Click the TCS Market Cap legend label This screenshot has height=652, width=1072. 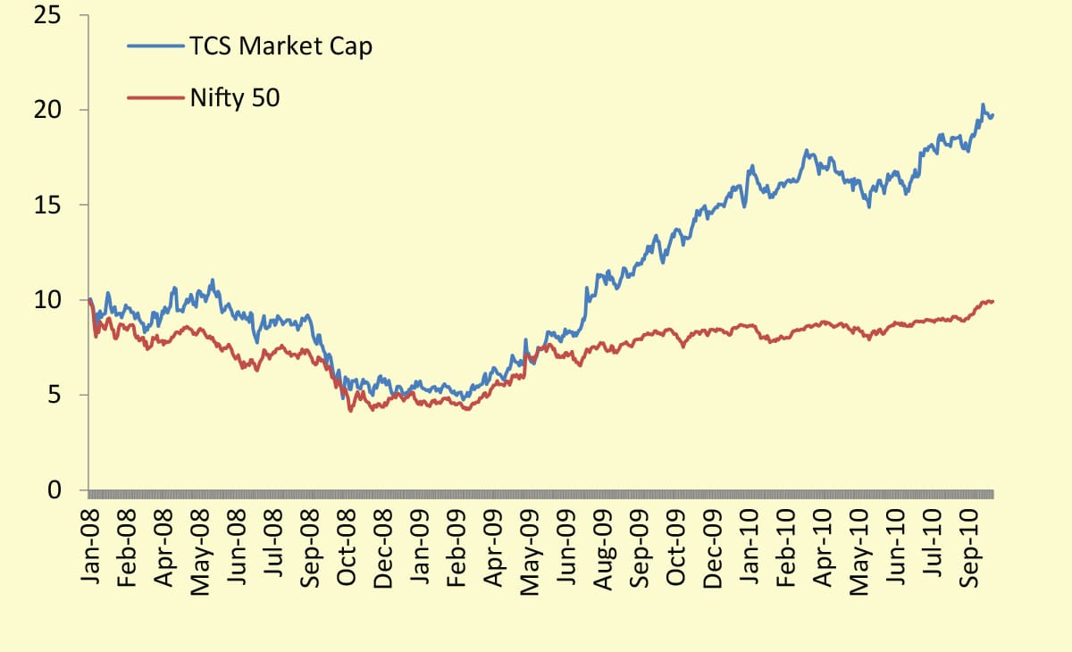tap(280, 47)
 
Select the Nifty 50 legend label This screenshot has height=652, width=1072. tap(234, 97)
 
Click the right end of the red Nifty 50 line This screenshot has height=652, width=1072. tap(993, 301)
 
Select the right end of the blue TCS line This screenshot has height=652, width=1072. tap(993, 114)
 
